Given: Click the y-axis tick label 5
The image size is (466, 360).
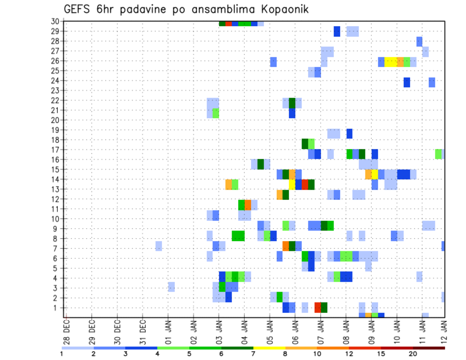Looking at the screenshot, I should point(57,268).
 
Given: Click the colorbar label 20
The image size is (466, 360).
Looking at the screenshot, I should point(413,354).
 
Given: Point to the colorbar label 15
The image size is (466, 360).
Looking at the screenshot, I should point(381,354).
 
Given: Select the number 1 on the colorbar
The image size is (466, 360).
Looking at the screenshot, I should point(61,354).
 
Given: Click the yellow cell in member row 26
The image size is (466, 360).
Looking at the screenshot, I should point(391,62).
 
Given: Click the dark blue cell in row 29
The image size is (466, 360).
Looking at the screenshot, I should point(337,32).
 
